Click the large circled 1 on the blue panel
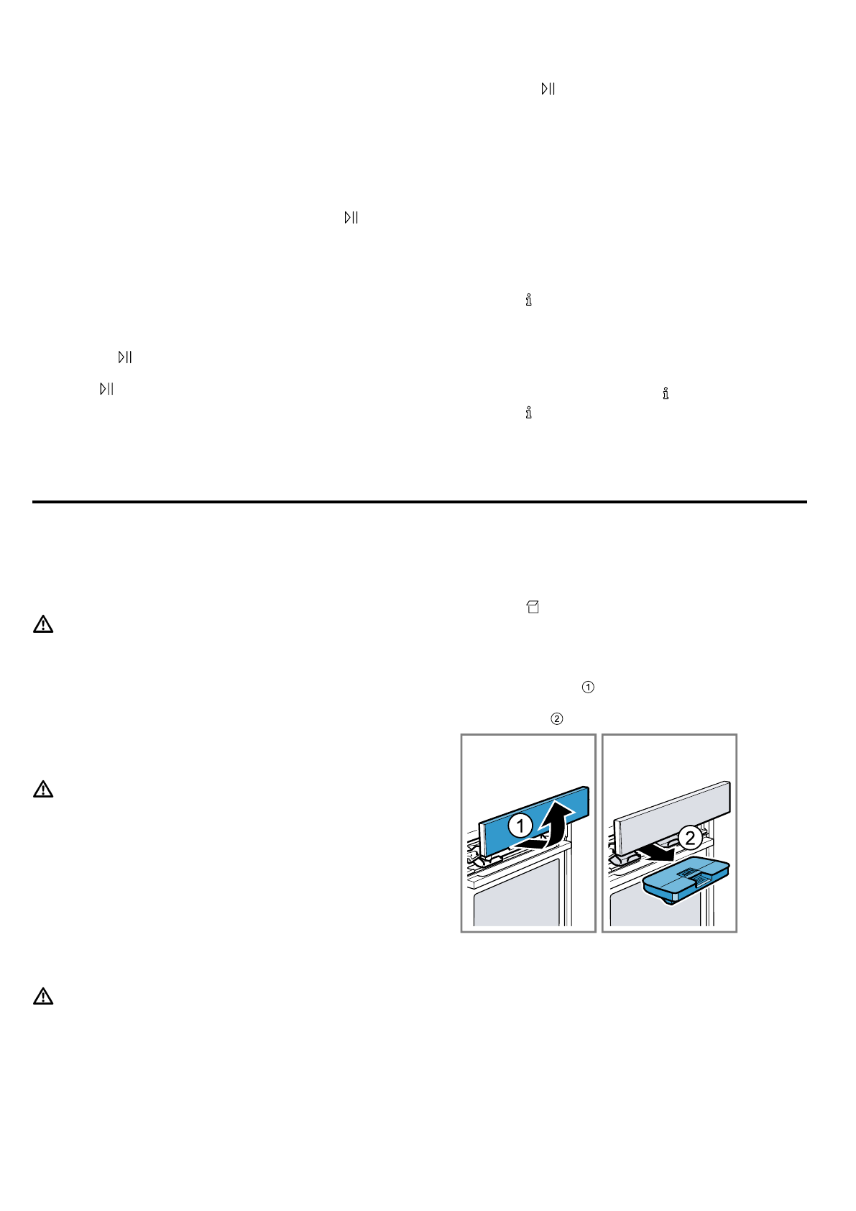[x=520, y=826]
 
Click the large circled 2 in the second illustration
[x=690, y=838]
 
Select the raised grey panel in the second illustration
[x=672, y=809]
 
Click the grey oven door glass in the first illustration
[x=516, y=892]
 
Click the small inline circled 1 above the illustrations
[x=588, y=687]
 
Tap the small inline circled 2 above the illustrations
[x=556, y=718]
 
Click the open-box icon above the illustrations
[x=533, y=607]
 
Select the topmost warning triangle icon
[x=43, y=624]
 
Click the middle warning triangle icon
[x=43, y=790]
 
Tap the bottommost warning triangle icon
[x=43, y=997]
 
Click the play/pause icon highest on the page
[x=548, y=88]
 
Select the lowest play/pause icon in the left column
[x=106, y=389]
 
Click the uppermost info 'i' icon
[x=528, y=300]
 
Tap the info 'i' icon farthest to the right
[x=666, y=393]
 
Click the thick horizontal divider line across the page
[x=419, y=502]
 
